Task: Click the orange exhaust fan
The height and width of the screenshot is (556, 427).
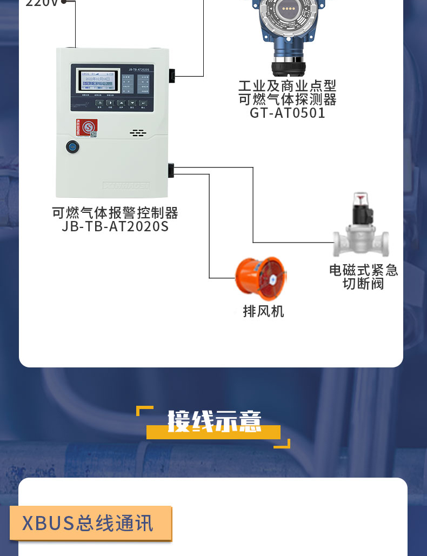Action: click(261, 278)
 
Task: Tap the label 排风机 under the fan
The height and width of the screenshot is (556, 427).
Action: click(263, 311)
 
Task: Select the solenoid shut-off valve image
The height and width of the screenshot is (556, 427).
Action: click(361, 227)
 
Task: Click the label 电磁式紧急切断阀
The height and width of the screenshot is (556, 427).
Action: click(363, 277)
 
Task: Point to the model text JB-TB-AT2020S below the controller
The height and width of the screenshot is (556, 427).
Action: click(115, 226)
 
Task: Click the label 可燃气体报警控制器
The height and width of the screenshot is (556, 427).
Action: click(115, 213)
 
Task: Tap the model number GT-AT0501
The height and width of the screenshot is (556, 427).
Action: click(287, 113)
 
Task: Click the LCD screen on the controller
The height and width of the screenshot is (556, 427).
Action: click(97, 82)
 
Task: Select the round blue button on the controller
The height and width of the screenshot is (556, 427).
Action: click(72, 146)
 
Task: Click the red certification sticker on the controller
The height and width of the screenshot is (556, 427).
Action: click(85, 127)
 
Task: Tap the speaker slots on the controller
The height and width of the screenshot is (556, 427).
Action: click(138, 132)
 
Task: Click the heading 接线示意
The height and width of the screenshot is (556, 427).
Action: click(214, 421)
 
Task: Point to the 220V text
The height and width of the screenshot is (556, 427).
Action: click(42, 3)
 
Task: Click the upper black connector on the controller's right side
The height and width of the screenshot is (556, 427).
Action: click(171, 76)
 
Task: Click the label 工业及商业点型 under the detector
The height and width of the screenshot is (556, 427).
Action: click(287, 86)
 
